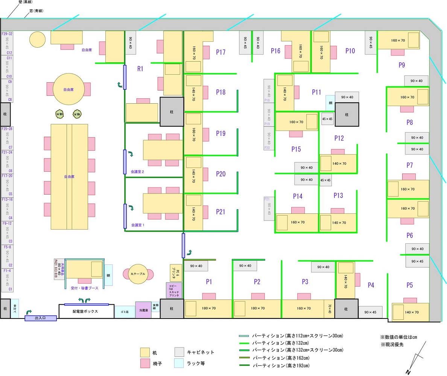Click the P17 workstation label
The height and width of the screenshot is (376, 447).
tap(220, 52)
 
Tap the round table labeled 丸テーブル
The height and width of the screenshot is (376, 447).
tap(138, 274)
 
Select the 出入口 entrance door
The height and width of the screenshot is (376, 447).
tap(40, 318)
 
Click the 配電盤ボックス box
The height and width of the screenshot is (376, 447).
tap(86, 311)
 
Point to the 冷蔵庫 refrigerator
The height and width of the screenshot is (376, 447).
tap(143, 310)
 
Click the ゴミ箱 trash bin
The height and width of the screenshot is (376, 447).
tap(125, 312)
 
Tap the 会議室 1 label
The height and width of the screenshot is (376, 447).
tap(137, 225)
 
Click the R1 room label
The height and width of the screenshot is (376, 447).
tap(140, 69)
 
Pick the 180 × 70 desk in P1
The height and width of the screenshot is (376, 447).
tap(208, 308)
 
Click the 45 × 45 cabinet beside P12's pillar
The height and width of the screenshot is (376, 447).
tap(327, 119)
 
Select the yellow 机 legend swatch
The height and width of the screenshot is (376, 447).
tap(145, 352)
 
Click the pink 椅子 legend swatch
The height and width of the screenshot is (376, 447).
tap(145, 363)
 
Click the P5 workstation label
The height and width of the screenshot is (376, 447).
tap(409, 285)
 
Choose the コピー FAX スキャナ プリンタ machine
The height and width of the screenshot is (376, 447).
tap(174, 291)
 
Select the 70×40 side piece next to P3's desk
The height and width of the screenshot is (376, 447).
tap(329, 309)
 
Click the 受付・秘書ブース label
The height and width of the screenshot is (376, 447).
tap(84, 288)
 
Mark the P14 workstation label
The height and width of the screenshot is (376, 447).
tap(298, 196)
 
